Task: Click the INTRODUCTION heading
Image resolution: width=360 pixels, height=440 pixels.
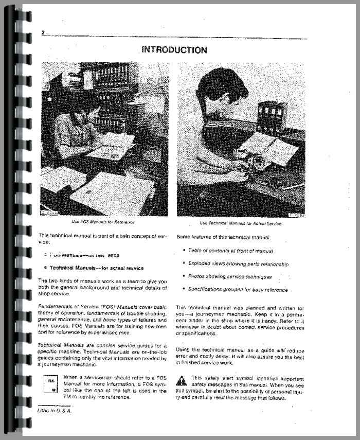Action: [x=174, y=50]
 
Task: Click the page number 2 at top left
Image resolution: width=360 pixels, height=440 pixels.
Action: [x=43, y=33]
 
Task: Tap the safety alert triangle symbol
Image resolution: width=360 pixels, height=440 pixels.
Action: [x=181, y=381]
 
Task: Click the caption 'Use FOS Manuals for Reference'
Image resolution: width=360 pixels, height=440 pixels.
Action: [x=102, y=222]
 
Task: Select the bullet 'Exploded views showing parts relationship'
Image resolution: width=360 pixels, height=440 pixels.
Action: [x=238, y=263]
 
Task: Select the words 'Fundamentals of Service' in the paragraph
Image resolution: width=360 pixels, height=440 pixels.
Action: [x=66, y=307]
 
